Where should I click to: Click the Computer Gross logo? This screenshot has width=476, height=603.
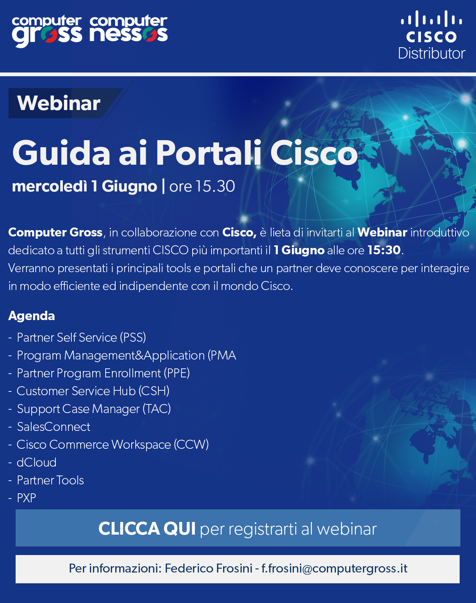(47, 31)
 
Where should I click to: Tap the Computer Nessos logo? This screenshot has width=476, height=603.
(129, 29)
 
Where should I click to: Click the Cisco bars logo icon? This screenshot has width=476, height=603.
(431, 19)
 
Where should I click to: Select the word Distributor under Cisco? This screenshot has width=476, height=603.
(432, 53)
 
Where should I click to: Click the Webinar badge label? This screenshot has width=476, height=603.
(59, 103)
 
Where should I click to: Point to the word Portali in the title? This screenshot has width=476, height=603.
(209, 153)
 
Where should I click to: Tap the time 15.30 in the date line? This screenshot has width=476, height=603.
(215, 186)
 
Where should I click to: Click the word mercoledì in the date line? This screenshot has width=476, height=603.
(49, 186)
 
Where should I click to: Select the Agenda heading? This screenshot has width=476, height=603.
(32, 316)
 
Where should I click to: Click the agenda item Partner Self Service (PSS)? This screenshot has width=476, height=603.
(81, 337)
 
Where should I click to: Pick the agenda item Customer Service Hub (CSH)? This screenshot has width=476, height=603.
(93, 391)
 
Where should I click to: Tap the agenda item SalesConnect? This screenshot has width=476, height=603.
(54, 427)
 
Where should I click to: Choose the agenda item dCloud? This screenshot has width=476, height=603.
(36, 462)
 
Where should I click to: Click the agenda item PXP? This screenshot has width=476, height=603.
(26, 498)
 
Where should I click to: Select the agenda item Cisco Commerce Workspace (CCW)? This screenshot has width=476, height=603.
(113, 445)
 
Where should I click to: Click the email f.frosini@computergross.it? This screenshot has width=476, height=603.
(334, 568)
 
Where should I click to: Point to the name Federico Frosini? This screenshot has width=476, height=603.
(209, 568)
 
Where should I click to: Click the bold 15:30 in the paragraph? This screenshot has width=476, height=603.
(384, 250)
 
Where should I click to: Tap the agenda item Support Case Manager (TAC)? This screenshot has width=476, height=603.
(94, 409)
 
